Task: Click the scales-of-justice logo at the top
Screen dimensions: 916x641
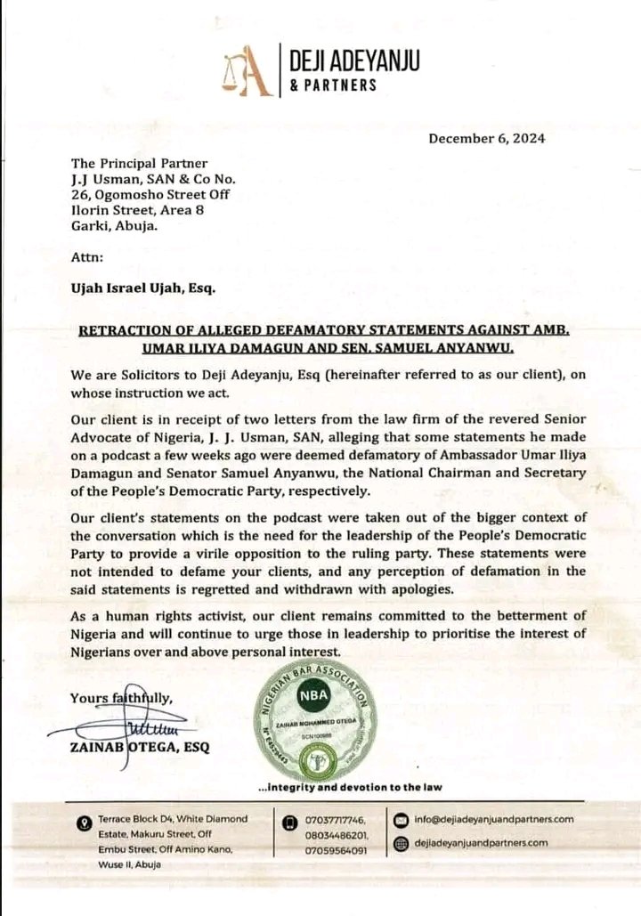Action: coord(247,72)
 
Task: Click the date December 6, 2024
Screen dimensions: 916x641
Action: coord(486,138)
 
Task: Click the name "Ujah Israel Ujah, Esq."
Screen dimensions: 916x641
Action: coord(142,288)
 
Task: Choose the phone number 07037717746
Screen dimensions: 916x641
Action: coord(336,819)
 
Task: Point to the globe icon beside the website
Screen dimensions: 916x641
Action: coord(401,842)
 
